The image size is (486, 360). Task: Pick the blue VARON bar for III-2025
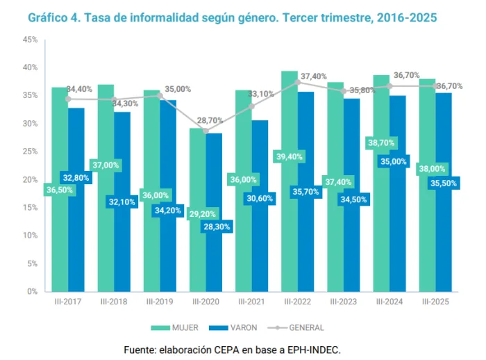[444, 236]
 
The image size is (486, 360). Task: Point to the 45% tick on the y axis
[31, 40]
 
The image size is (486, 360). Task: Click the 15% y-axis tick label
[31, 207]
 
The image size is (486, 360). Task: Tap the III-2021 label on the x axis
[251, 302]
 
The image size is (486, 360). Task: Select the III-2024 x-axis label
[389, 302]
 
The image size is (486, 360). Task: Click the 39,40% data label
[290, 156]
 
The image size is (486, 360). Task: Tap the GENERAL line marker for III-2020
[206, 131]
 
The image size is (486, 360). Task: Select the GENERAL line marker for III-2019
[160, 95]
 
